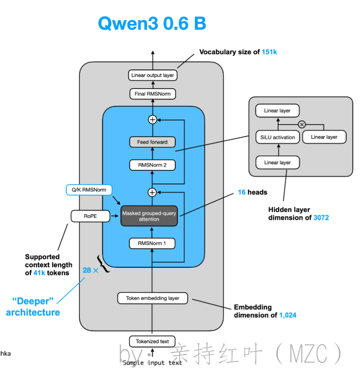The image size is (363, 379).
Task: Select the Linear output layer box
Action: (152, 75)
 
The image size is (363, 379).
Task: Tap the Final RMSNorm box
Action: (152, 94)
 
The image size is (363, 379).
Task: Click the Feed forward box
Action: (152, 142)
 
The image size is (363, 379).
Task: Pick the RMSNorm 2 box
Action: (152, 165)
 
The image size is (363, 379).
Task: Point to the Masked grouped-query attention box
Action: (149, 216)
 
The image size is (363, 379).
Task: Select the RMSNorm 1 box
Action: (152, 243)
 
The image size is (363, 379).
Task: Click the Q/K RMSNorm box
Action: (88, 190)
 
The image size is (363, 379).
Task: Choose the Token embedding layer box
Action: (152, 298)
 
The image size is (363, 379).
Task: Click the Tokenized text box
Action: (152, 341)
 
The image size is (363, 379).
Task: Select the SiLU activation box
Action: (277, 137)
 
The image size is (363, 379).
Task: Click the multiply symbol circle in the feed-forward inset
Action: (302, 124)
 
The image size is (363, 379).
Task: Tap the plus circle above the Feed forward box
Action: (152, 119)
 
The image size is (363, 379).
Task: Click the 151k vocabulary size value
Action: (270, 52)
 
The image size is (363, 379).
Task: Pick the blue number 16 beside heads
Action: (241, 192)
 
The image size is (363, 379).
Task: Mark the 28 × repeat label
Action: (90, 269)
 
